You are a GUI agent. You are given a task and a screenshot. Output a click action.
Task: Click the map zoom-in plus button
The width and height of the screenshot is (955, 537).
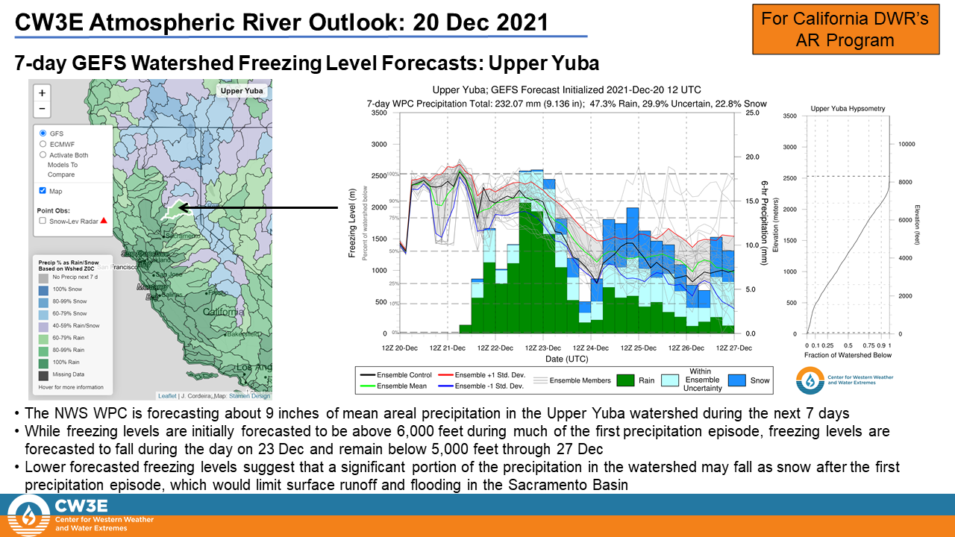click(x=43, y=93)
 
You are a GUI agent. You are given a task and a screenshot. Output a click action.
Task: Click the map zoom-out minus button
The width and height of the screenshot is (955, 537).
click(x=43, y=110)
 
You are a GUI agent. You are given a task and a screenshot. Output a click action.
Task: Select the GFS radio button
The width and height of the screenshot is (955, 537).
click(x=43, y=133)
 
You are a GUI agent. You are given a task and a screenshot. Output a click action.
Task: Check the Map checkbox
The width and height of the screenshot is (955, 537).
click(x=43, y=191)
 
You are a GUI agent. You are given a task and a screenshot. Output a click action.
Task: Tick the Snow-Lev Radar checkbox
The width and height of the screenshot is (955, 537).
click(x=43, y=221)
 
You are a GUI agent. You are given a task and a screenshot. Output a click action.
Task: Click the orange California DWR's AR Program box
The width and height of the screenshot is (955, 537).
click(x=845, y=29)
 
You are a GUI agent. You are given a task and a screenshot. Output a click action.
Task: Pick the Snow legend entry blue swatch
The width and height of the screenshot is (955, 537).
click(x=736, y=380)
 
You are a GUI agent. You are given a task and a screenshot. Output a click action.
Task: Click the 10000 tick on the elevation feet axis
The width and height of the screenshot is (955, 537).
click(x=907, y=144)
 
